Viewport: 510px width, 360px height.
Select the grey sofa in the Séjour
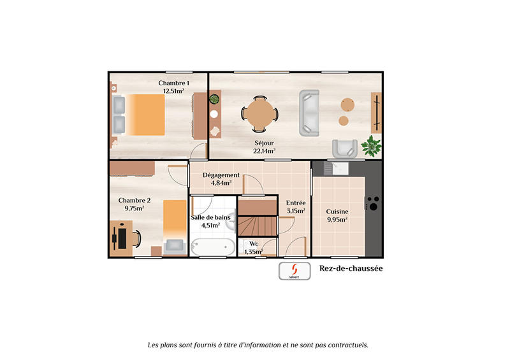(309, 113)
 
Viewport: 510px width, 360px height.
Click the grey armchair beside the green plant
(345, 147)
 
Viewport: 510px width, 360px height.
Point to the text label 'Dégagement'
(221, 175)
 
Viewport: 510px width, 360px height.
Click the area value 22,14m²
(264, 151)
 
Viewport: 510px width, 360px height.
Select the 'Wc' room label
(254, 243)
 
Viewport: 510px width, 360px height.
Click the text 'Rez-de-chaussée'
(351, 269)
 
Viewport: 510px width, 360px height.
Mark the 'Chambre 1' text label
(173, 83)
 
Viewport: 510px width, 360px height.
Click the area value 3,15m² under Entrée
(295, 211)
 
